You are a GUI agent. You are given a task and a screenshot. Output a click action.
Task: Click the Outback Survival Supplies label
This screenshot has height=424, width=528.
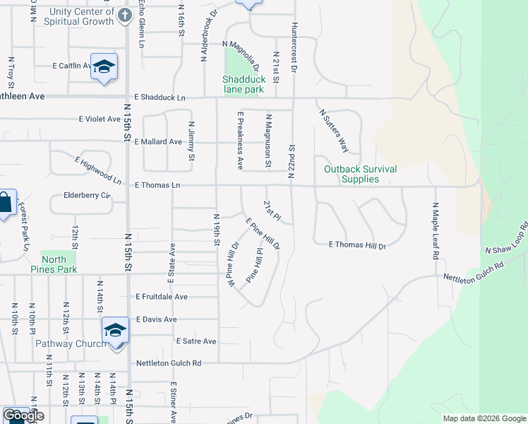click(360, 174)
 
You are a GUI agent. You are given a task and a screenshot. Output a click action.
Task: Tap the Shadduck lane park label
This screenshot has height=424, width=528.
click(244, 85)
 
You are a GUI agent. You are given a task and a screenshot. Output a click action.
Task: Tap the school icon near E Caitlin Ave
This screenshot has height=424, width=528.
click(104, 66)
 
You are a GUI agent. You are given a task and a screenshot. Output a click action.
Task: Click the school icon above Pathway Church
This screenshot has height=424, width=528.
click(115, 329)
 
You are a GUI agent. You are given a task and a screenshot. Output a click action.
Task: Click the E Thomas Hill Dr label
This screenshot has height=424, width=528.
click(358, 245)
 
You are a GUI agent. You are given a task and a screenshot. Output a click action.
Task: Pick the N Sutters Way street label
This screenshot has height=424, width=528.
click(334, 131)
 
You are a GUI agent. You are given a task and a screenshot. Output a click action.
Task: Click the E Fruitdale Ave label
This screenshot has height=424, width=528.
click(162, 297)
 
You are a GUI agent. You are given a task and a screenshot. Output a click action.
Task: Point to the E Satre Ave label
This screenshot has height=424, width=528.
click(195, 341)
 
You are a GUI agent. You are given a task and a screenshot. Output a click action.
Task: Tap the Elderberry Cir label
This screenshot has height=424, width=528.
click(88, 195)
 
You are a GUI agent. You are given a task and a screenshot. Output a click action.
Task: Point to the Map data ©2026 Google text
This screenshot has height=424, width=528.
click(484, 418)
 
